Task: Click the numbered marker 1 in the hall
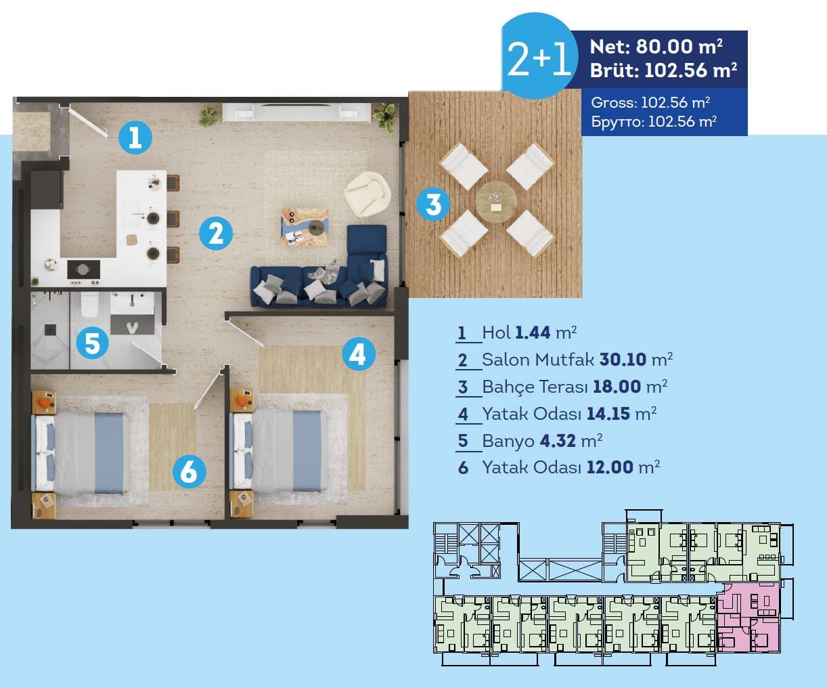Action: (135, 137)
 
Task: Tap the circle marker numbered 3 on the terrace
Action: (433, 205)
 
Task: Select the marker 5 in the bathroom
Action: (92, 343)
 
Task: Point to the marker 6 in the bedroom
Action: (189, 471)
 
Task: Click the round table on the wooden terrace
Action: (496, 202)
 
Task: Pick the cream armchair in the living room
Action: (367, 194)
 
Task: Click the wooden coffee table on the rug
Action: (305, 227)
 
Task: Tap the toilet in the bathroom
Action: (89, 305)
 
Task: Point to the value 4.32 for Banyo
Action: (558, 441)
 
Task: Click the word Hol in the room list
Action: (496, 332)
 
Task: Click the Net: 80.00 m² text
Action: (656, 47)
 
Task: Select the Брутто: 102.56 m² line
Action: (654, 121)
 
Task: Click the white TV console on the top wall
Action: (296, 112)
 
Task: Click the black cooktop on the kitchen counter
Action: (83, 270)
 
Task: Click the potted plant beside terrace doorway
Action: (385, 117)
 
